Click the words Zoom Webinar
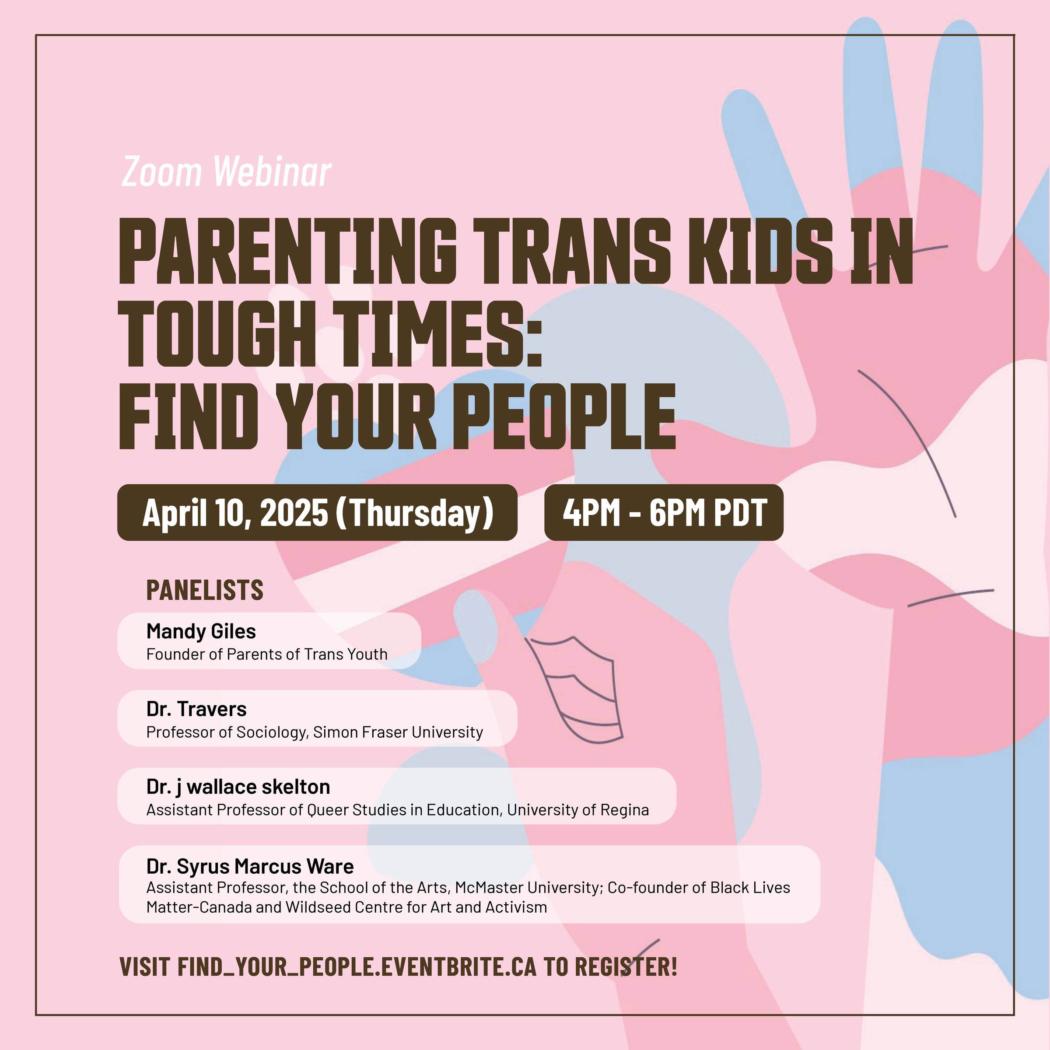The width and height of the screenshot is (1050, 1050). (x=226, y=172)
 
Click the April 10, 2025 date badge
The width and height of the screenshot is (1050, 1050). (x=317, y=512)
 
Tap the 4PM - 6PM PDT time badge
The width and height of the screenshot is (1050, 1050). (x=664, y=512)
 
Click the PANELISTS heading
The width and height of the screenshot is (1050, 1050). (x=205, y=590)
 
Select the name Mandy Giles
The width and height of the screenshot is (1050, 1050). (x=201, y=631)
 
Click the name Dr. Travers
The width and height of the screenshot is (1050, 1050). (x=196, y=709)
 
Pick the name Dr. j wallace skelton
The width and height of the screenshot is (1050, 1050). (x=238, y=787)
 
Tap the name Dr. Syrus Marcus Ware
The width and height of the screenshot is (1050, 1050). (x=250, y=866)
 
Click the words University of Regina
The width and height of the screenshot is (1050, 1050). (x=578, y=810)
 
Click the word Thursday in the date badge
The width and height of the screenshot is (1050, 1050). (x=415, y=512)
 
